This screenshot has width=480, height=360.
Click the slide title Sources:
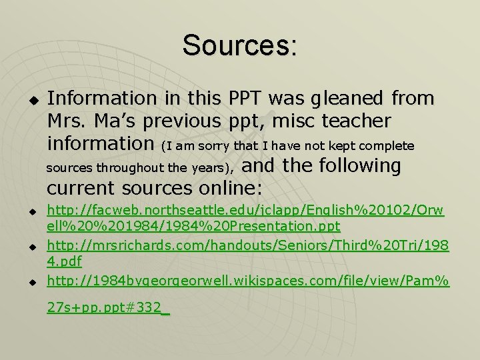click(x=239, y=45)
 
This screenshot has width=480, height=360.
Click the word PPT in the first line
click(x=247, y=99)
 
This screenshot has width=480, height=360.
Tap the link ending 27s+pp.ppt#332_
click(x=108, y=309)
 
